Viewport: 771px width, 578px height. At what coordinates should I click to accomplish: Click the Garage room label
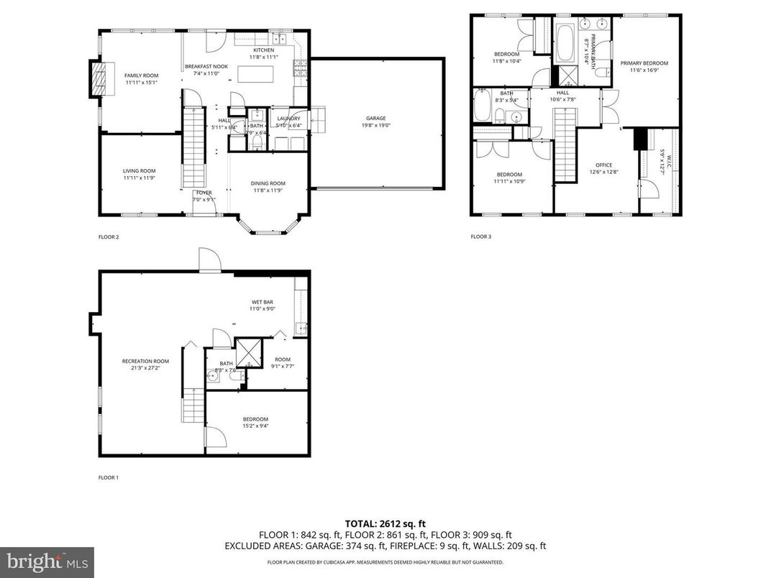(x=375, y=118)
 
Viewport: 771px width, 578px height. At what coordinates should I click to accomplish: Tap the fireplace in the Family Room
(x=101, y=78)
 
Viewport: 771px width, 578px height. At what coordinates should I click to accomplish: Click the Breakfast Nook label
(x=206, y=66)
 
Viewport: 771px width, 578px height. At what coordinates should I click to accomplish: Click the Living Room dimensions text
(x=139, y=178)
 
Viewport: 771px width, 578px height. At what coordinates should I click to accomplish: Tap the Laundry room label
(x=288, y=118)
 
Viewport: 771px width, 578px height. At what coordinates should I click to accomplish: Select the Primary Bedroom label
(x=644, y=63)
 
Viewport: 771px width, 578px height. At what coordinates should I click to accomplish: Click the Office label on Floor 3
(x=603, y=165)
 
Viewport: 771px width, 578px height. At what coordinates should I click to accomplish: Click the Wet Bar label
(x=262, y=301)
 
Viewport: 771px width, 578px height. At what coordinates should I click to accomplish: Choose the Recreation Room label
(x=145, y=361)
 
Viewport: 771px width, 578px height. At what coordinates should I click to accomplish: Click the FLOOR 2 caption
(x=108, y=237)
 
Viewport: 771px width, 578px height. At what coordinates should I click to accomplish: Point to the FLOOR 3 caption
(x=480, y=237)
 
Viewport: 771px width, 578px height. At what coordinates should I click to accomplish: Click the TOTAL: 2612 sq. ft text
(x=385, y=523)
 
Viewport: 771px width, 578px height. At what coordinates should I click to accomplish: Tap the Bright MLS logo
(x=47, y=559)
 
